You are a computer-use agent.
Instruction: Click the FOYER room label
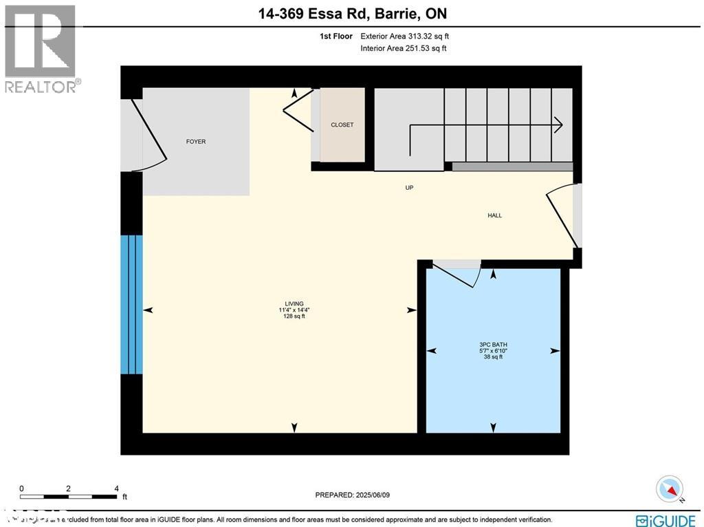pos(196,142)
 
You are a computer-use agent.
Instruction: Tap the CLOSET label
pos(342,125)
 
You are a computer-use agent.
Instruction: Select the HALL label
pos(494,215)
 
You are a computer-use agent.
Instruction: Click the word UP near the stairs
pos(409,188)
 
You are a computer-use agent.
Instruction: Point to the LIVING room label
pos(294,303)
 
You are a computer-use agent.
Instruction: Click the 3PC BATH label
pos(493,344)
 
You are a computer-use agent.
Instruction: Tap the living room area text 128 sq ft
pos(294,316)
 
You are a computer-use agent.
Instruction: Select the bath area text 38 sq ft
pos(493,357)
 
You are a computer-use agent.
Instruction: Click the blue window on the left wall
pos(131,304)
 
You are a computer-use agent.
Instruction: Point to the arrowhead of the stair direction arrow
pos(559,125)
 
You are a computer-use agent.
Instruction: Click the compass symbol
pos(670,489)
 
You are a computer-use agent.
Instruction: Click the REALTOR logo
pos(41,48)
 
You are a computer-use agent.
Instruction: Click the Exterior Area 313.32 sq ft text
pos(405,36)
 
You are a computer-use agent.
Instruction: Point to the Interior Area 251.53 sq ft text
pos(403,48)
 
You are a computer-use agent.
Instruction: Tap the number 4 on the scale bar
pos(116,488)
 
